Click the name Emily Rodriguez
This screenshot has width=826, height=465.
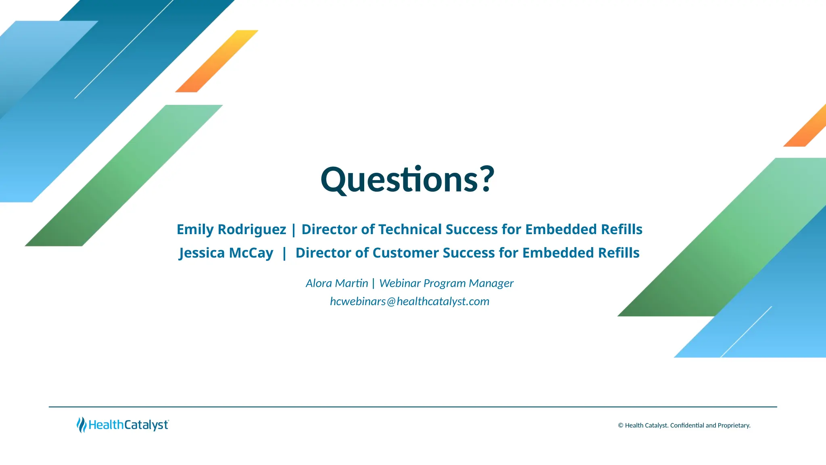(x=231, y=229)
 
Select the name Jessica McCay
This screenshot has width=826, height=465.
(x=226, y=253)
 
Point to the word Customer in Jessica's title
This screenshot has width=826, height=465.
(x=405, y=253)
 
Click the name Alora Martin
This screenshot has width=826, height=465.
(x=337, y=283)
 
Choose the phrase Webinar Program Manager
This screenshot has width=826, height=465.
(x=446, y=283)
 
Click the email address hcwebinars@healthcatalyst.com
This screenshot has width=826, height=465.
(x=409, y=302)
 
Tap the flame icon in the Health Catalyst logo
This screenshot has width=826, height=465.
(x=81, y=425)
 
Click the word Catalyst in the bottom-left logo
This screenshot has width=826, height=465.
(x=146, y=425)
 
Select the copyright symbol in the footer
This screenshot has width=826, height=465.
(x=621, y=425)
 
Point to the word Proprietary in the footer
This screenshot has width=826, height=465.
(x=734, y=425)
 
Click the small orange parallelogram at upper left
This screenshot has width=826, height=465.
(x=217, y=61)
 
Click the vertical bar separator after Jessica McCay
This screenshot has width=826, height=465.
(x=284, y=253)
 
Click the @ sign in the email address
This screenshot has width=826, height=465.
(x=391, y=302)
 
